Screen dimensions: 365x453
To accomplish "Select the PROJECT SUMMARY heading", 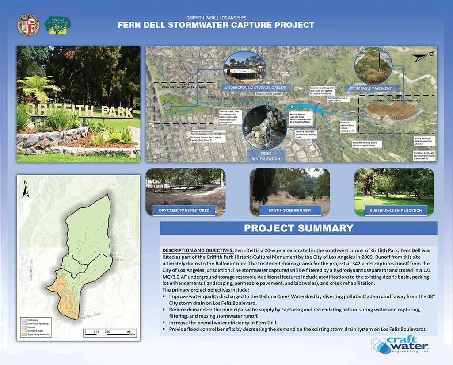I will pyautogui.click(x=299, y=228).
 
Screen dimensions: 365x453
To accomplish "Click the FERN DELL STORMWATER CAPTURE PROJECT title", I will pyautogui.click(x=216, y=25).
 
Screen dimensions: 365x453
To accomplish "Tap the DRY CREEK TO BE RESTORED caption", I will pyautogui.click(x=184, y=210).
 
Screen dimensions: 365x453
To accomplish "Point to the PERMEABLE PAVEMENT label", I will pyautogui.click(x=371, y=88).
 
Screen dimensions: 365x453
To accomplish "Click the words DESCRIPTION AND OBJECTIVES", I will pyautogui.click(x=198, y=250).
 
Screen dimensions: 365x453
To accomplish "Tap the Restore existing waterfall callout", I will pyautogui.click(x=269, y=94).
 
